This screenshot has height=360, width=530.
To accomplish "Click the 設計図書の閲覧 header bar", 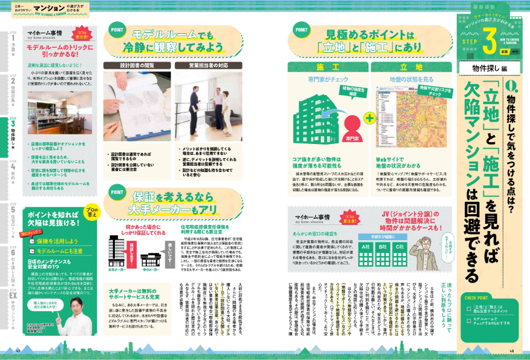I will pyautogui.click(x=136, y=65).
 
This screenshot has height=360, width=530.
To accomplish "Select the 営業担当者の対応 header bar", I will pyautogui.click(x=200, y=65).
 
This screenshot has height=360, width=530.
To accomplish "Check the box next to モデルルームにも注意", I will pyautogui.click(x=34, y=250).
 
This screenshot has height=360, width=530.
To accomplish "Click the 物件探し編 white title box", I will pyautogui.click(x=486, y=67).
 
